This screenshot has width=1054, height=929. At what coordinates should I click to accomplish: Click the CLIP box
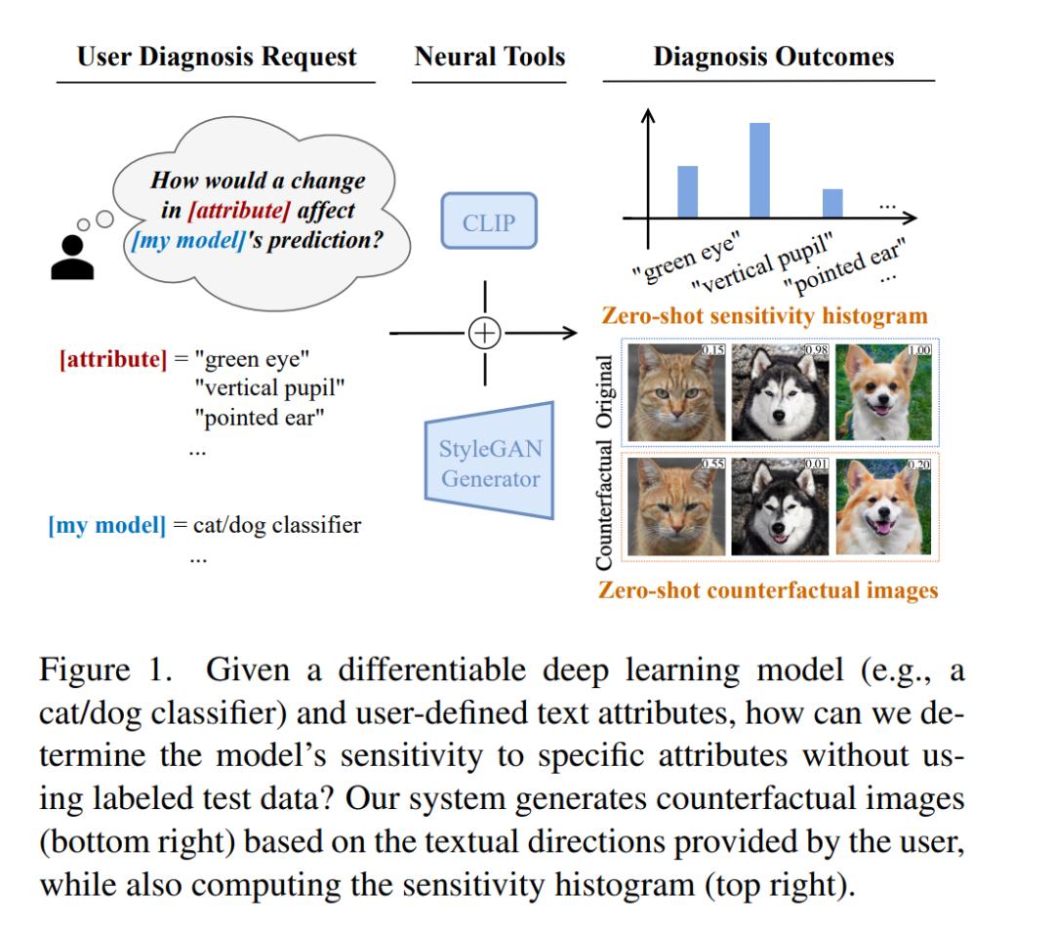(x=489, y=222)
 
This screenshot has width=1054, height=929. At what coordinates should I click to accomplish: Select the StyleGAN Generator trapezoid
(x=489, y=462)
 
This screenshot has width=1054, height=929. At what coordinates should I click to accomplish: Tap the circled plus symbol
(x=485, y=333)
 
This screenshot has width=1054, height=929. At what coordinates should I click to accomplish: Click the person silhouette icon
(x=72, y=257)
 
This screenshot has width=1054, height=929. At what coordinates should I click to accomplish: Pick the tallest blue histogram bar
(x=759, y=170)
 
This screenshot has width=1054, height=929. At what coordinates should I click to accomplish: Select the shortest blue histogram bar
(x=832, y=203)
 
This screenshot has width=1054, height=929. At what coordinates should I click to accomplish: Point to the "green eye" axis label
(x=686, y=257)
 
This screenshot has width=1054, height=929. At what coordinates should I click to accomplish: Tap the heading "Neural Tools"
(x=490, y=57)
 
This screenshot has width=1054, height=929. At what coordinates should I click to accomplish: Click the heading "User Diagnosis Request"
(x=217, y=57)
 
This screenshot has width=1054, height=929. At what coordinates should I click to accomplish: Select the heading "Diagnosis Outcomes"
(x=774, y=57)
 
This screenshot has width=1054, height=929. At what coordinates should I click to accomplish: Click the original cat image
(x=676, y=392)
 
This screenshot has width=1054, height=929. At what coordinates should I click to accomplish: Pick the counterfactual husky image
(x=780, y=506)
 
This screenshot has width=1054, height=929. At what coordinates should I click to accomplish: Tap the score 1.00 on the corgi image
(x=919, y=349)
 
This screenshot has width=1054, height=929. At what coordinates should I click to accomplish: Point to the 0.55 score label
(x=712, y=464)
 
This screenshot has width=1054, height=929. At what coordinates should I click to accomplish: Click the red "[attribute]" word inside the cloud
(x=239, y=211)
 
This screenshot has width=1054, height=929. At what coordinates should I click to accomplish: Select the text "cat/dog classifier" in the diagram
(x=277, y=524)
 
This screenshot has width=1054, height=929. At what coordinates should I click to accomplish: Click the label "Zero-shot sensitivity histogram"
(x=765, y=315)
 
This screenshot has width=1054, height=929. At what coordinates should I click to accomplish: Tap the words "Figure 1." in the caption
(x=106, y=669)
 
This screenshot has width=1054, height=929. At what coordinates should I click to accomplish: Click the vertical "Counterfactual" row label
(x=604, y=505)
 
